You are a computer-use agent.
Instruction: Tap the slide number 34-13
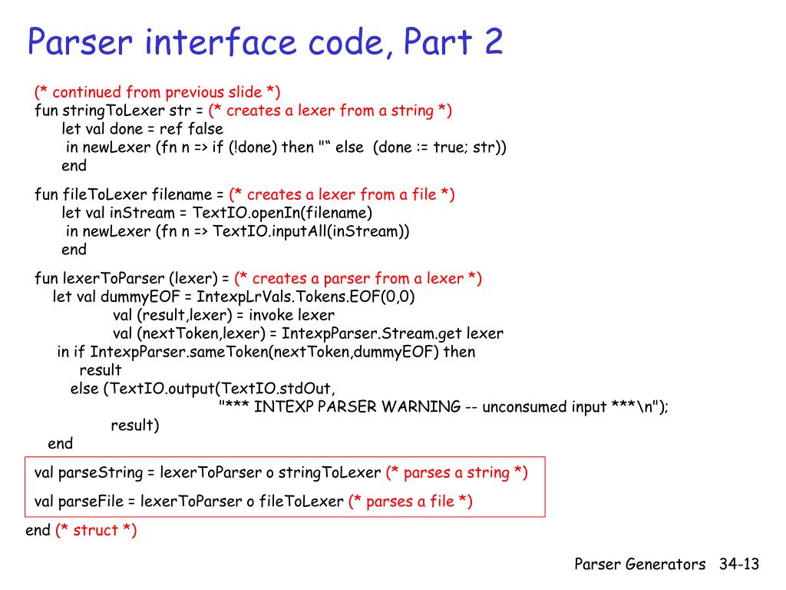click(x=739, y=565)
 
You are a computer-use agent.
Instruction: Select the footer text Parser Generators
click(x=640, y=565)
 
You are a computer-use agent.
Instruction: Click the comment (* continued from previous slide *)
click(x=157, y=92)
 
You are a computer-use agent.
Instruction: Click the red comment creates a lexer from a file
click(x=342, y=194)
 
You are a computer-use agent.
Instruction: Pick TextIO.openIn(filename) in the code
click(x=282, y=213)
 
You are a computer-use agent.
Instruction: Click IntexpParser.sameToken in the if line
click(x=168, y=352)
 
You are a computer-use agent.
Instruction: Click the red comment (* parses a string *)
click(x=457, y=472)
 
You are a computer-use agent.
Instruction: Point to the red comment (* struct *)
click(x=96, y=530)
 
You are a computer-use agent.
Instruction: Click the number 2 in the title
click(x=493, y=41)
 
